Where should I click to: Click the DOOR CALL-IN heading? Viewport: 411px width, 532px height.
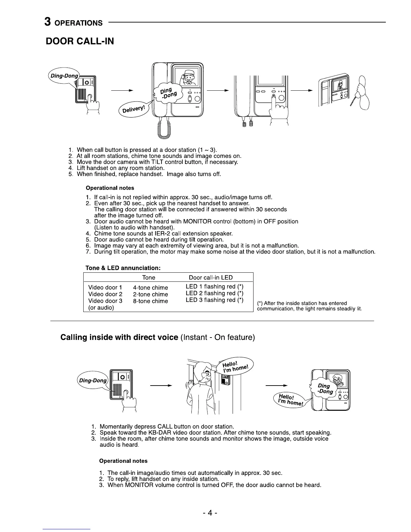click(x=80, y=41)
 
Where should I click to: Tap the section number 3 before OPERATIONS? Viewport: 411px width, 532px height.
click(x=48, y=22)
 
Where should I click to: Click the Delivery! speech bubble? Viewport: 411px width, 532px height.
click(x=134, y=109)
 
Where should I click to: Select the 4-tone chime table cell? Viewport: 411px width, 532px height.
click(x=150, y=287)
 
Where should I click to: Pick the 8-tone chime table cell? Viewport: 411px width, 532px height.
click(x=150, y=301)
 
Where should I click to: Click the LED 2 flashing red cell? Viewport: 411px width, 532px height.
click(x=214, y=293)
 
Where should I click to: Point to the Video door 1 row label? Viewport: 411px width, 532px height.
click(x=105, y=287)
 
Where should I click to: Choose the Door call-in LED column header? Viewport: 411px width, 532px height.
click(x=211, y=277)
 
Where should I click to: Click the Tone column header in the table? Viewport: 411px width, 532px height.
click(x=148, y=277)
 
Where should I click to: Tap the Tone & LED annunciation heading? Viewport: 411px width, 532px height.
click(x=123, y=268)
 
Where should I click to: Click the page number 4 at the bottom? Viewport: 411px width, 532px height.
click(x=210, y=513)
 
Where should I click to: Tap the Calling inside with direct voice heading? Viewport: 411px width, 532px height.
click(x=119, y=337)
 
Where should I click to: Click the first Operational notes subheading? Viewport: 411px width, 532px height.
click(x=110, y=188)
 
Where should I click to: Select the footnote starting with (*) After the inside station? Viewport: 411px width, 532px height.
click(x=309, y=306)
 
